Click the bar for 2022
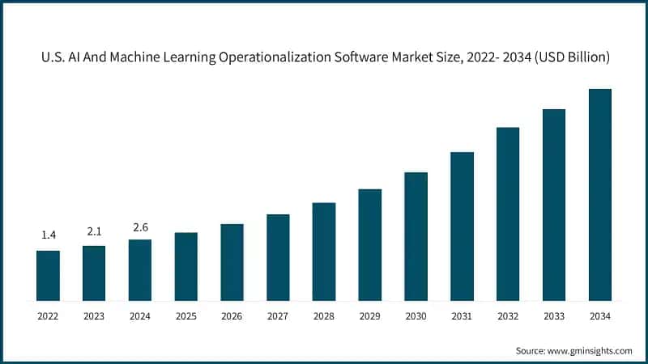pos(48,275)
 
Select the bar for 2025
pos(186,266)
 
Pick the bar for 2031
pos(462,226)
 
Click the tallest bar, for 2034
pos(599,194)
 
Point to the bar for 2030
pos(416,235)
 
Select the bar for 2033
pos(553,204)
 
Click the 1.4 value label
pos(48,235)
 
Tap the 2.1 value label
pos(94,231)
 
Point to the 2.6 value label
pos(140,227)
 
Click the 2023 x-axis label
pos(94,315)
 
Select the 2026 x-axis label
pos(232,315)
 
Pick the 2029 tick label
pos(369,315)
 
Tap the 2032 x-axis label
pos(508,315)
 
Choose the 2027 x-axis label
pos(278,315)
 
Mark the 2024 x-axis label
pos(140,315)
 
